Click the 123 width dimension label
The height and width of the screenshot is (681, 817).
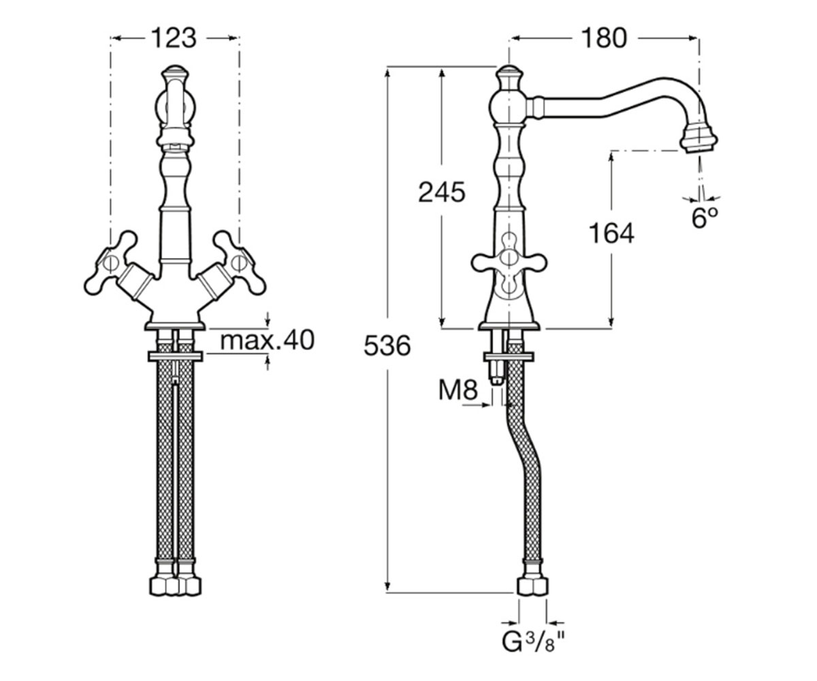click(174, 38)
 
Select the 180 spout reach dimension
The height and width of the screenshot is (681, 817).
click(604, 38)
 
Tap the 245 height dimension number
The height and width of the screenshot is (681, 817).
click(442, 193)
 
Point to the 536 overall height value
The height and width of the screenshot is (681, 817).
click(387, 346)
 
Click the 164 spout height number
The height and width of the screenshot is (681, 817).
click(611, 234)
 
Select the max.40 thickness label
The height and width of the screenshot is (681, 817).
click(268, 340)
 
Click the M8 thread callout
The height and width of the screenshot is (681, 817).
click(458, 390)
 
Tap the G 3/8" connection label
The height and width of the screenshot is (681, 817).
click(533, 642)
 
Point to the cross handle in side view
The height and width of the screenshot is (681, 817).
click(509, 263)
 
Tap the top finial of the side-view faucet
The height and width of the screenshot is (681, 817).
click(509, 77)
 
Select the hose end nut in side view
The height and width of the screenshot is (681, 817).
click(532, 586)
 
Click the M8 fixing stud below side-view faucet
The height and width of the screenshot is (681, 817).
click(496, 372)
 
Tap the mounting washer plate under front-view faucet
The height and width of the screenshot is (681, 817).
click(175, 356)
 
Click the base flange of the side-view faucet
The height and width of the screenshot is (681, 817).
click(509, 326)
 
